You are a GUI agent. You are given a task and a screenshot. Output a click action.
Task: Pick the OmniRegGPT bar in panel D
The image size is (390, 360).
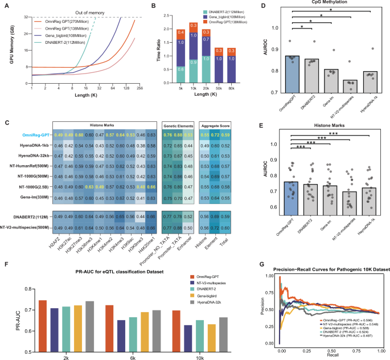coord(293,74)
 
